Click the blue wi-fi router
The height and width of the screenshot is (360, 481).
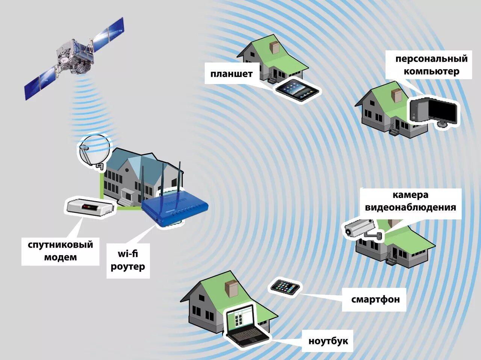175,208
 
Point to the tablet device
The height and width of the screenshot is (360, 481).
297,90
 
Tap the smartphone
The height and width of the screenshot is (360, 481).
285,288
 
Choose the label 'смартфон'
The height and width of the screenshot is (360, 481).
375,300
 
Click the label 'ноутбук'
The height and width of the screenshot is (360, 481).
328,341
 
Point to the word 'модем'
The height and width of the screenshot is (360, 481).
61,258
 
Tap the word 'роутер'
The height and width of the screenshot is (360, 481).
128,267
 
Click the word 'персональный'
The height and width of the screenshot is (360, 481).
431,59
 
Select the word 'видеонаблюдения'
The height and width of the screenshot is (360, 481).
410,207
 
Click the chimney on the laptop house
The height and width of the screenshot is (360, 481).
231,289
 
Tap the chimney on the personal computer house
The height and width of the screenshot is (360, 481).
396,95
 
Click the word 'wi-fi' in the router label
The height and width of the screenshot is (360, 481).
128,254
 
